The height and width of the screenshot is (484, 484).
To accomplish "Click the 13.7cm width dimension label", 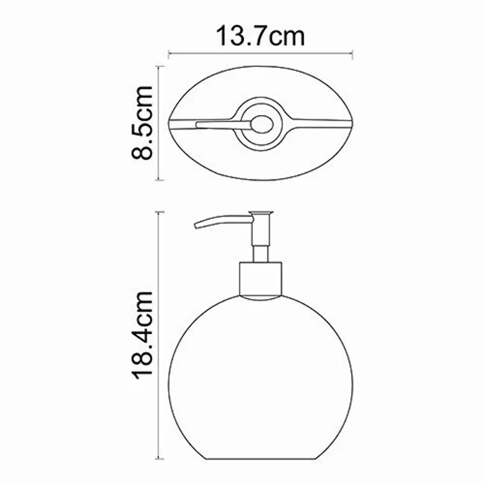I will click(x=260, y=36).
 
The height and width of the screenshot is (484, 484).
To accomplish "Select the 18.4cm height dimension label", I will click(x=143, y=334).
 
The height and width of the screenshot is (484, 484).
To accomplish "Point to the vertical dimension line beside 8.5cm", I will click(x=159, y=123).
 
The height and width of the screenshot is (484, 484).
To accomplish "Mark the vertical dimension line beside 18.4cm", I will click(x=160, y=334).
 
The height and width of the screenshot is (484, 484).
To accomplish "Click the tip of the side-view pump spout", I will click(x=197, y=226).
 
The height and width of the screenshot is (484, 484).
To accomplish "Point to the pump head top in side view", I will click(x=262, y=213).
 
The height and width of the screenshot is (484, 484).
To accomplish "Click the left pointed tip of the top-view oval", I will click(x=171, y=124).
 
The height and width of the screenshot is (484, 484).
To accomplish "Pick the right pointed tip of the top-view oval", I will click(x=353, y=124).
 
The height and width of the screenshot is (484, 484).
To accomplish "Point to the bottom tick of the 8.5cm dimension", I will click(x=159, y=180).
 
